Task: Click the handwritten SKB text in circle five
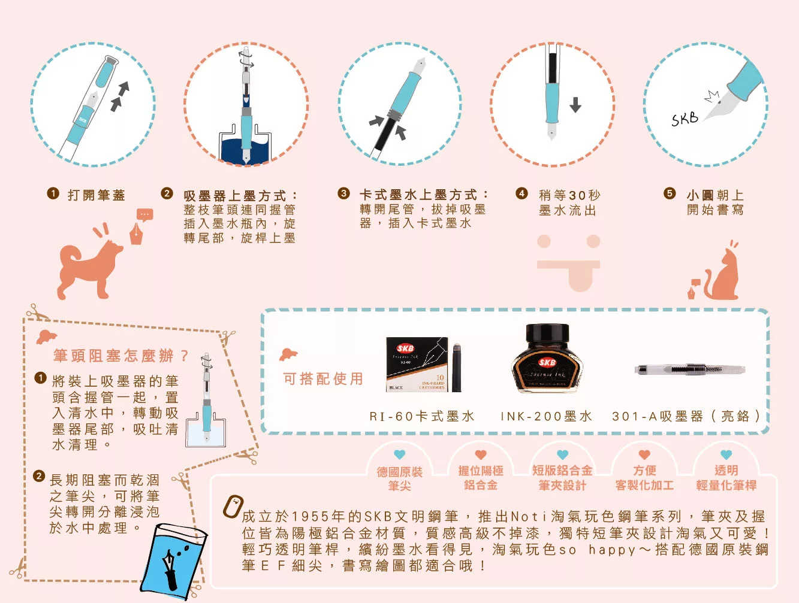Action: (685, 119)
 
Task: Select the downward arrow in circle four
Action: (575, 105)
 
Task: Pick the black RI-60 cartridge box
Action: (417, 364)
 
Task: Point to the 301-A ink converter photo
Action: (690, 369)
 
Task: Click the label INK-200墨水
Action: (547, 416)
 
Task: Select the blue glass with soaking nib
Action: (174, 562)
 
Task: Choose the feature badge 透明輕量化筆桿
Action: (726, 478)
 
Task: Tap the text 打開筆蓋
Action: (97, 195)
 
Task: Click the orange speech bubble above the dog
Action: (144, 214)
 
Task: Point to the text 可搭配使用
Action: (323, 378)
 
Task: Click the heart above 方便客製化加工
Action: (644, 454)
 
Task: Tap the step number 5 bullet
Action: (670, 193)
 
